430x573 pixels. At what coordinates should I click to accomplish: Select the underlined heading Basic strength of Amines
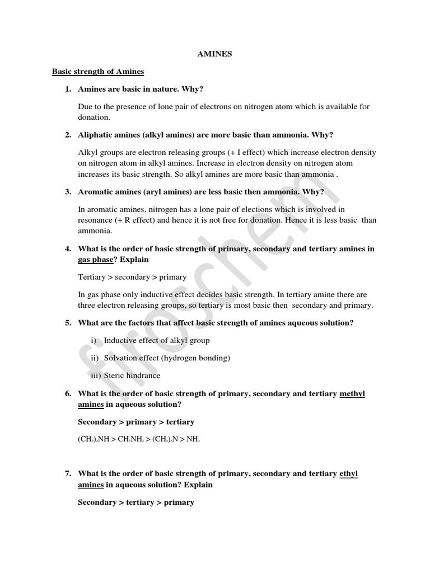(98, 72)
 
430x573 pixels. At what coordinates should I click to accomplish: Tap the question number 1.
(67, 89)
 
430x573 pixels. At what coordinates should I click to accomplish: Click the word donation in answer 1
(94, 118)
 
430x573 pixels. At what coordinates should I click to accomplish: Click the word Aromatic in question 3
(96, 192)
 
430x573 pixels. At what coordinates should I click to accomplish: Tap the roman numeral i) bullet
(93, 340)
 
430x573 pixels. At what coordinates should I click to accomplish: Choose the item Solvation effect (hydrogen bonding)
(167, 358)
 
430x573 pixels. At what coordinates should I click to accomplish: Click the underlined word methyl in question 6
(352, 394)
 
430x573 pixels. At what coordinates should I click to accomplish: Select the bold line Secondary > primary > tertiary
(136, 422)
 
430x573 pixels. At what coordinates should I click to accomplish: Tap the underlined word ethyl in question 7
(348, 474)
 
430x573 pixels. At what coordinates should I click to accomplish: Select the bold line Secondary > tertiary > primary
(136, 502)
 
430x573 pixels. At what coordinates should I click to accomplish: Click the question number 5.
(67, 323)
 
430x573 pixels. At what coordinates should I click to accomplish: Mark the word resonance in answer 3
(96, 220)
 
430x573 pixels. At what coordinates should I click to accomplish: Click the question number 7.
(67, 474)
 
